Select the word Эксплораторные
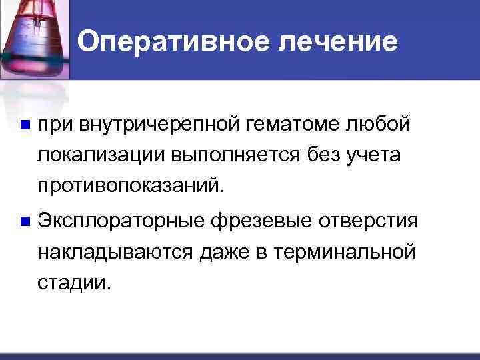121,221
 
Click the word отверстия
367,221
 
